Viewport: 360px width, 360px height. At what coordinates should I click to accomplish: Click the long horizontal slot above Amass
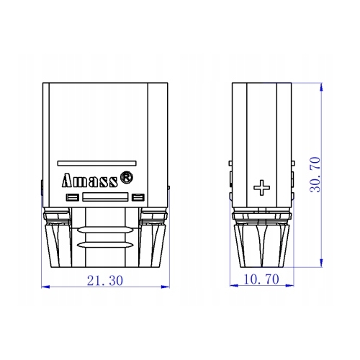tap(96, 163)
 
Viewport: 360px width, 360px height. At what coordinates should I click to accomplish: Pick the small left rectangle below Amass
tap(71, 197)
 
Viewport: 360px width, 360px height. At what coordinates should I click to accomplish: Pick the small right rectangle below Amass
tap(138, 197)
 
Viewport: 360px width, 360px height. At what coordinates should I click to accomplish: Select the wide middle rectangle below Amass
tap(105, 197)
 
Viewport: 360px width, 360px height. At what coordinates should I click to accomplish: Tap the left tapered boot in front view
tap(60, 241)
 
